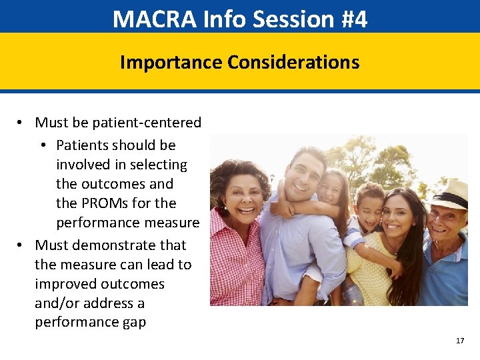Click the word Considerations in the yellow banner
[x=293, y=63]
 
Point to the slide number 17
[x=460, y=341]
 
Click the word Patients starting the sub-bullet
[x=82, y=145]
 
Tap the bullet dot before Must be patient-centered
[x=21, y=123]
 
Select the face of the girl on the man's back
[x=331, y=189]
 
